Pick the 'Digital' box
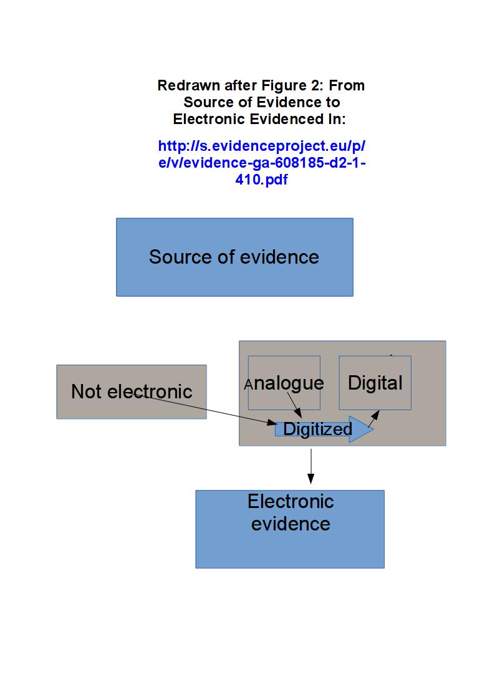375,399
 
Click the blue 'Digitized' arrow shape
318,429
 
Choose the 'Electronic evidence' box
290,549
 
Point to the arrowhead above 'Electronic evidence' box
310,478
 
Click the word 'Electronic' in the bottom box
291,501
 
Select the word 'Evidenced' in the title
285,119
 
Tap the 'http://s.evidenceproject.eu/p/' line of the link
262,146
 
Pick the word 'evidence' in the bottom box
291,524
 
